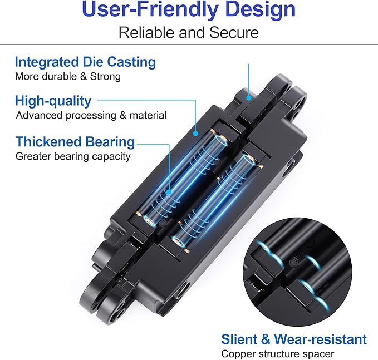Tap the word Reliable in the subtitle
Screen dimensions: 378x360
146,32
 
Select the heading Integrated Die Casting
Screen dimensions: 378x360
85,62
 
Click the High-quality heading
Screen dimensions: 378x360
53,101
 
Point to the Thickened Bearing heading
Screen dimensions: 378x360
75,142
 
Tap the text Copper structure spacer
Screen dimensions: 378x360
278,354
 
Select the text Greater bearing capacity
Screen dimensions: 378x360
73,156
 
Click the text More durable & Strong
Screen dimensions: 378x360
68,77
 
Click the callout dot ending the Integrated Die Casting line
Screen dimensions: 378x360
249,98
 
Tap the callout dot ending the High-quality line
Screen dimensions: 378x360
195,133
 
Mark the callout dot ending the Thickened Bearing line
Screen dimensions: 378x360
169,192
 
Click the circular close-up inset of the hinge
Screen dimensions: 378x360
297,272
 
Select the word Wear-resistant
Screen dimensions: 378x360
321,339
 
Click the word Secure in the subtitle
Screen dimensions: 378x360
234,32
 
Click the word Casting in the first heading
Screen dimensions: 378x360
131,62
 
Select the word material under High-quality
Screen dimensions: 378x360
148,115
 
